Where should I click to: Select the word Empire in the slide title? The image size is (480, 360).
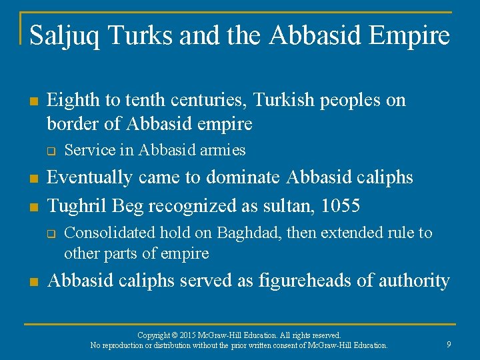coord(415,36)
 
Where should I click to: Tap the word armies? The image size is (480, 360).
coord(223,151)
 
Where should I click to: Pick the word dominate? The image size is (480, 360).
coord(244,178)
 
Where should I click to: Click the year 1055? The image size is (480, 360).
coord(341,206)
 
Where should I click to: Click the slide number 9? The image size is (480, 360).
coord(449,345)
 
